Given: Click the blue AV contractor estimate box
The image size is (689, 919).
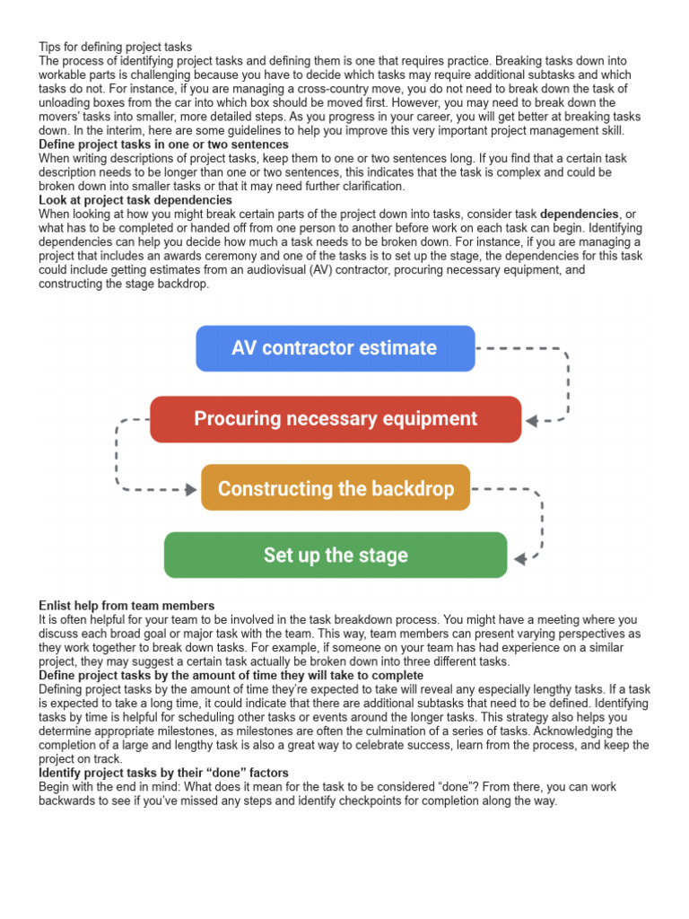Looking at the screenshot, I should [x=335, y=348].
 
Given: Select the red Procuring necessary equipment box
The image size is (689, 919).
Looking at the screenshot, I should [x=335, y=419].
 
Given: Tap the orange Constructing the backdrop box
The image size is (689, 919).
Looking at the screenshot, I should [x=335, y=489].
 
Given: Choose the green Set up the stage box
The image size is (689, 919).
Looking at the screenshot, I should [x=335, y=556].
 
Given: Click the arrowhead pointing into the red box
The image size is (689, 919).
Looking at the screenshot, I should [x=531, y=420].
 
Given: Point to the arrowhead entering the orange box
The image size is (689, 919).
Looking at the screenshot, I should [x=191, y=489].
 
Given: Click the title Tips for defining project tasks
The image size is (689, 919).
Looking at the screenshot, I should [x=115, y=47].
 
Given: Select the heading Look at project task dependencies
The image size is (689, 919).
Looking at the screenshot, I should [x=135, y=200].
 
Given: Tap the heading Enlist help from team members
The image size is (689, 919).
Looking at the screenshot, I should [x=126, y=607].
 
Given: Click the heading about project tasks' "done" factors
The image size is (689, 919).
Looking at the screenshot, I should [x=163, y=774].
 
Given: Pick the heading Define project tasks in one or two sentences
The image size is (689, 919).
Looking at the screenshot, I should [x=163, y=144].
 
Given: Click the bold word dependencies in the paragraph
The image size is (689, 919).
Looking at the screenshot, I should [x=580, y=214].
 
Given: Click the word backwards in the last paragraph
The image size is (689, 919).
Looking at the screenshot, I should [x=67, y=801].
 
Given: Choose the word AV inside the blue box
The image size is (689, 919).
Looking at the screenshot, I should [x=244, y=348].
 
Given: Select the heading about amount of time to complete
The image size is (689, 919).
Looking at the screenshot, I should [x=231, y=676].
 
